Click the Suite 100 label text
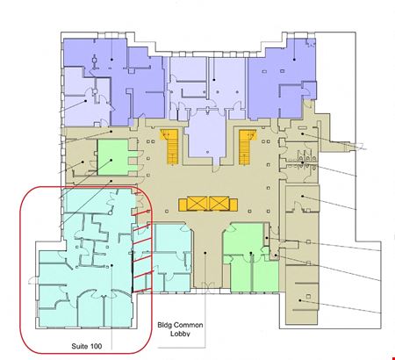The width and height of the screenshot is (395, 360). (87, 346)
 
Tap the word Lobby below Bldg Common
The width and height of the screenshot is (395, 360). (180, 334)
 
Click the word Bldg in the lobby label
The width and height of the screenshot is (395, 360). (163, 325)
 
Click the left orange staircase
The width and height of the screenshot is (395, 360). (169, 147)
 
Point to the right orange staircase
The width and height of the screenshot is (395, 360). (248, 147)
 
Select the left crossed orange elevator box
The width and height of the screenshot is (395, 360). (197, 204)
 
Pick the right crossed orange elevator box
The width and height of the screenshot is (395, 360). (219, 204)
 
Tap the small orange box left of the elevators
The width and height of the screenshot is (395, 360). (183, 205)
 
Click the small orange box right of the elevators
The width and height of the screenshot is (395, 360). (233, 205)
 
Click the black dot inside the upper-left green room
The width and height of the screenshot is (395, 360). (111, 160)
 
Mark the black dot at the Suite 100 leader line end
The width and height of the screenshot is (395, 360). (111, 265)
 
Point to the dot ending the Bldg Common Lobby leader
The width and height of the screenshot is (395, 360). (205, 253)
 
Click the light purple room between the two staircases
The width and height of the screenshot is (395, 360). (207, 134)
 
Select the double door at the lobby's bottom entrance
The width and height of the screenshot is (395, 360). (208, 285)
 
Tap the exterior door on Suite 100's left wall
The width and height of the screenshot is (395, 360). (33, 281)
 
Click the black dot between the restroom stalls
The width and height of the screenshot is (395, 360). (302, 162)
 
